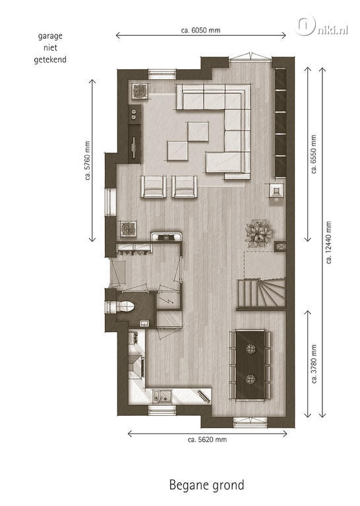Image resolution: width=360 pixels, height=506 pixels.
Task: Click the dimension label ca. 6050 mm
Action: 200,30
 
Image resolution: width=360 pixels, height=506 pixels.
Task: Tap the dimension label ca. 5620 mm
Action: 207,439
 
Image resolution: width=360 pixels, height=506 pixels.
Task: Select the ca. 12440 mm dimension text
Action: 329,242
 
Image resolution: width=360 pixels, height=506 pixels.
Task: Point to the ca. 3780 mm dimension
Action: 314,364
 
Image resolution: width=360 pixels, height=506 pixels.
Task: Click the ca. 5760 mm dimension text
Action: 87,160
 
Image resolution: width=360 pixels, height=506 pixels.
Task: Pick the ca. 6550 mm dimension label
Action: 314,154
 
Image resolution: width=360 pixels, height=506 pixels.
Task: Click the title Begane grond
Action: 206,485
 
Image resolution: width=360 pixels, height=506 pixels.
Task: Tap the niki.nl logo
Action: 322,26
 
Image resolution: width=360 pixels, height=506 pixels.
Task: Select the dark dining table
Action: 251,364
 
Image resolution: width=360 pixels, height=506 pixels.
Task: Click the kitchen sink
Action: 162,395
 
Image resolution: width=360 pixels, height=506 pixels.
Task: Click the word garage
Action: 50,36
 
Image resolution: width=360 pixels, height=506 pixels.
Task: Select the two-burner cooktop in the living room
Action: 135,114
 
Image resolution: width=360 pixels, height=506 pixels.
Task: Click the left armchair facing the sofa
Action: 154,186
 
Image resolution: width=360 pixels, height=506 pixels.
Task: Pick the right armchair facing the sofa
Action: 185,186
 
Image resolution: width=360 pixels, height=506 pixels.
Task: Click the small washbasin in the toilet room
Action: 144,323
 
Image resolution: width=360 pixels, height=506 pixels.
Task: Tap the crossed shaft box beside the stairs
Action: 280,247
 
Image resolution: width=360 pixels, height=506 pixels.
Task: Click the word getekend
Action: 50,60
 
